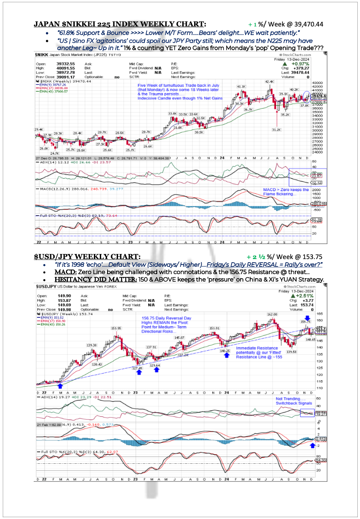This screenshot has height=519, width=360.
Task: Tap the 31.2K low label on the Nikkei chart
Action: (x=276, y=130)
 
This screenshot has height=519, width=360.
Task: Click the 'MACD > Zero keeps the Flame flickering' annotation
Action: (x=286, y=192)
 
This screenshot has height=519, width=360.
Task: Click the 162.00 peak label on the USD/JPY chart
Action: (x=272, y=314)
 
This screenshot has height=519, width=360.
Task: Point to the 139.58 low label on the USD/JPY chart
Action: (x=291, y=352)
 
